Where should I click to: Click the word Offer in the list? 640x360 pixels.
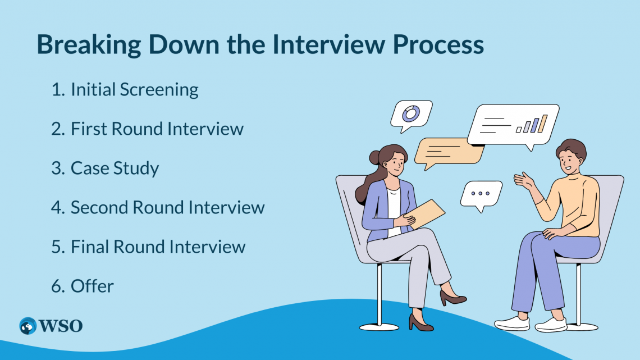(x=92, y=286)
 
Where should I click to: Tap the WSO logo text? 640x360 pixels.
(x=61, y=326)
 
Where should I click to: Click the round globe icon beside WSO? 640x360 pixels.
(x=28, y=326)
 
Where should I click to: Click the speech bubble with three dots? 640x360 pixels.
(x=481, y=194)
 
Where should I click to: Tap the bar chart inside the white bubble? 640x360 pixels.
(x=532, y=124)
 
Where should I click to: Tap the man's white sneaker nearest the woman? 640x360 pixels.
(x=511, y=322)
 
